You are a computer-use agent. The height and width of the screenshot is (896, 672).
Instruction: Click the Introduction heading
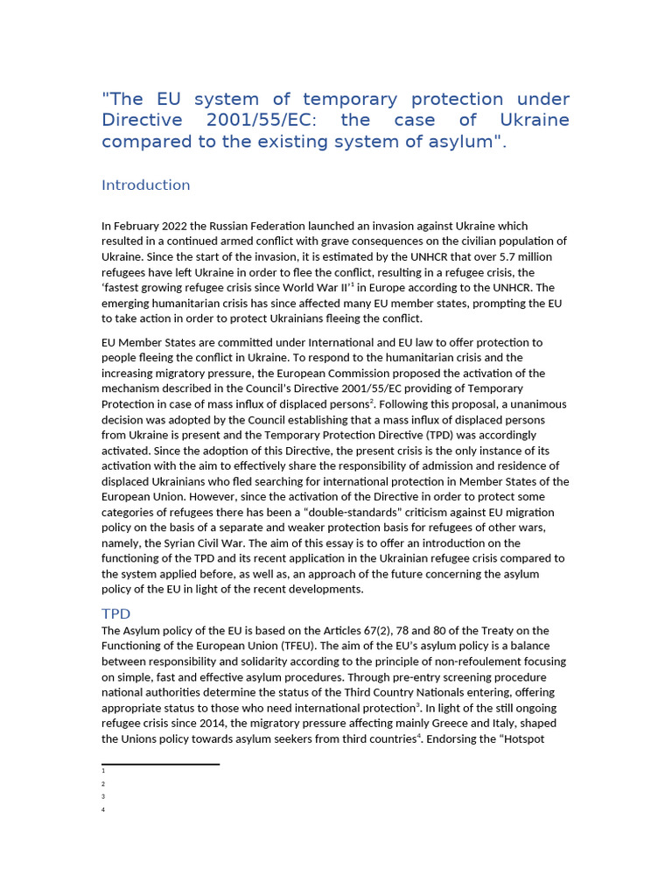tap(145, 185)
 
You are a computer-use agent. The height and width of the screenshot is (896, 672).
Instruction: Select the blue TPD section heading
tap(115, 614)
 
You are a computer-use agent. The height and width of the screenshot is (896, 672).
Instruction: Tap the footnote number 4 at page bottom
tap(103, 810)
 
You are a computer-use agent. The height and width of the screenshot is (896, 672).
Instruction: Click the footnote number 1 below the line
tap(103, 771)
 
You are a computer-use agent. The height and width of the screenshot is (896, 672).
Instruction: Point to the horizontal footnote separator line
tap(160, 764)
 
